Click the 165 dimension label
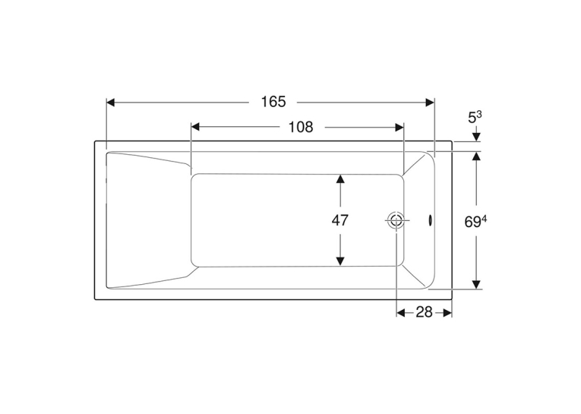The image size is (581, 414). pyautogui.click(x=273, y=102)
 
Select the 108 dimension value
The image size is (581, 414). pyautogui.click(x=301, y=127)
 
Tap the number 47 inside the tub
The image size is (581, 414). pyautogui.click(x=339, y=220)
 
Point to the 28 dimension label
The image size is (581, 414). pyautogui.click(x=425, y=312)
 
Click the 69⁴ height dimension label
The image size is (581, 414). pyautogui.click(x=475, y=222)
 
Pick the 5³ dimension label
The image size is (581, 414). pyautogui.click(x=475, y=118)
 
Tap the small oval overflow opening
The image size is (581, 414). pyautogui.click(x=430, y=220)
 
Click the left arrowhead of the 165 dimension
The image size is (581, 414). pyautogui.click(x=111, y=103)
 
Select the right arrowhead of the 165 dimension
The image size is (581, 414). pyautogui.click(x=430, y=103)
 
